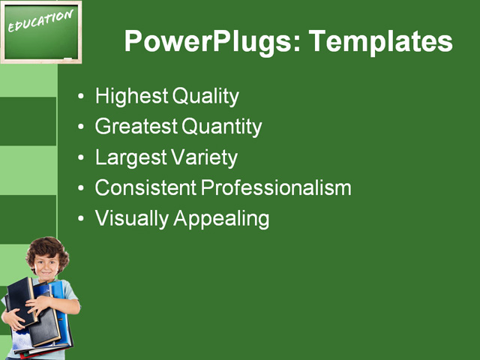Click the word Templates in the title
(380, 41)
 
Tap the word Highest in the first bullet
(132, 97)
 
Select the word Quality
(205, 97)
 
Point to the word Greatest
(136, 126)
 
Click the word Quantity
(222, 127)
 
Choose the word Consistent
(145, 187)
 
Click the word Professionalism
(276, 187)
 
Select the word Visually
(132, 219)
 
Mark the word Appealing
(221, 219)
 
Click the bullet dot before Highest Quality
(81, 96)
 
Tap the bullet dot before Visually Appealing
(81, 218)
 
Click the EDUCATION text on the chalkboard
(40, 21)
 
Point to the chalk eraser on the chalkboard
(67, 58)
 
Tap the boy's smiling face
(46, 268)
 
